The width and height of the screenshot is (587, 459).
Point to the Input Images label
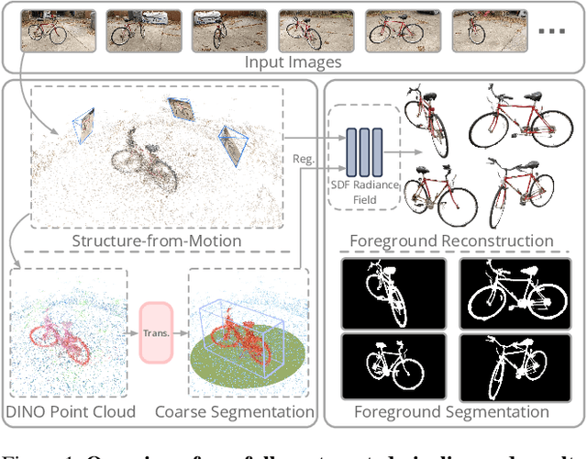tap(293, 62)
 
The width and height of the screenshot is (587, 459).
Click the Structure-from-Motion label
tap(157, 241)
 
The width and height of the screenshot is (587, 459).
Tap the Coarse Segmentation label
tap(249, 412)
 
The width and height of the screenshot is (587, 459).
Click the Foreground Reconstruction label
tap(451, 241)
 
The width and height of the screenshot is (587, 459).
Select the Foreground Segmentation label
tap(451, 412)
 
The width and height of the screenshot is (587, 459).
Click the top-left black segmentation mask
tap(393, 293)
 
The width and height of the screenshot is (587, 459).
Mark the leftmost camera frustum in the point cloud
tap(85, 126)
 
